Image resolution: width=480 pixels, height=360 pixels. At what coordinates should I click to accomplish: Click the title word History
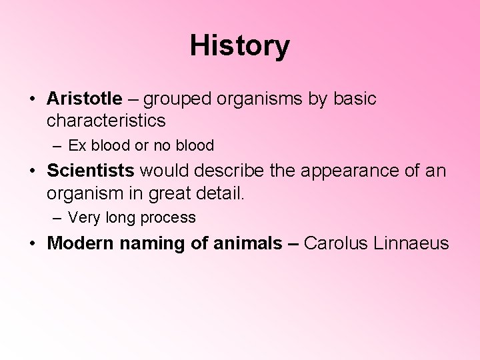[240, 45]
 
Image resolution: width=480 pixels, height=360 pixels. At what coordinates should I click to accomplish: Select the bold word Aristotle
[85, 99]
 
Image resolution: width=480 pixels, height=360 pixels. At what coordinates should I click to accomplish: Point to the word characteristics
[106, 121]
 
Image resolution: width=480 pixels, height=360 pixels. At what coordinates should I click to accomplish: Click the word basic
[355, 99]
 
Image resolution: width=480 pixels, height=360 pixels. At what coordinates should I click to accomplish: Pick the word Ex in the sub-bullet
[77, 145]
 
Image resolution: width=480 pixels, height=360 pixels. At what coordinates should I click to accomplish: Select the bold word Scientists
[91, 171]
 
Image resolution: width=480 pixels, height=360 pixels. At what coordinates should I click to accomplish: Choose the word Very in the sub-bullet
[83, 217]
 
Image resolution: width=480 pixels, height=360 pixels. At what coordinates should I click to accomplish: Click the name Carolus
[334, 243]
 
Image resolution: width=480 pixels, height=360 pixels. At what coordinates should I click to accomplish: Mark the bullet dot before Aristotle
[32, 99]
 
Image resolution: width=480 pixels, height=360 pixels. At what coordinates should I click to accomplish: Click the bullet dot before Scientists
[32, 171]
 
